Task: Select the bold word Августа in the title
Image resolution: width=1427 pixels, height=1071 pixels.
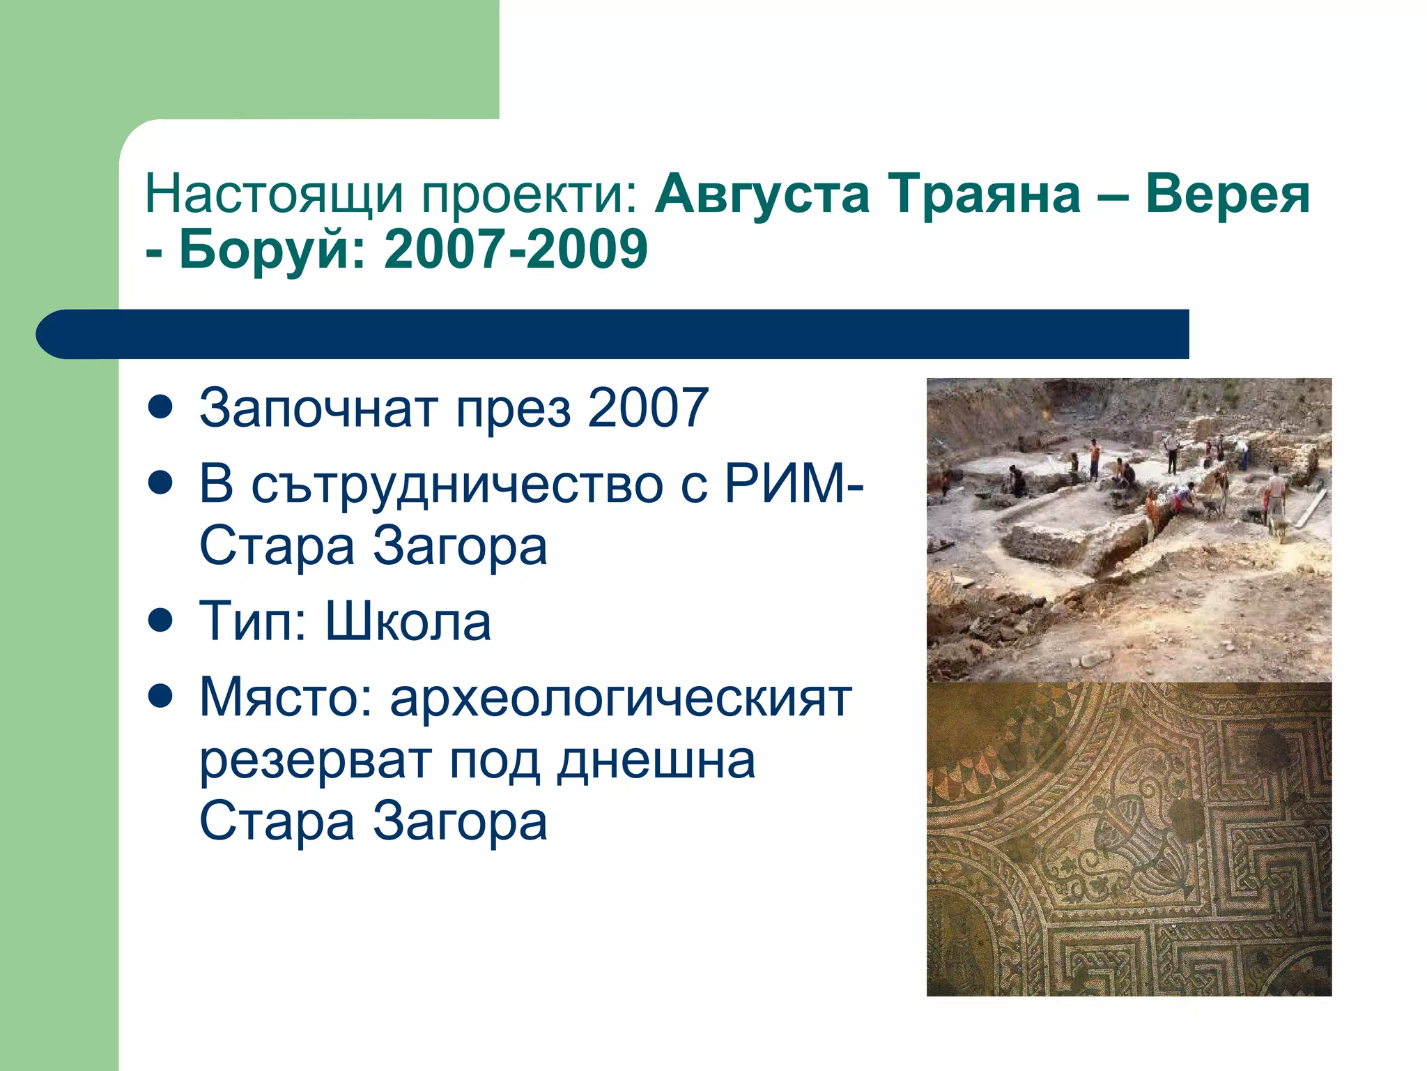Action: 762,195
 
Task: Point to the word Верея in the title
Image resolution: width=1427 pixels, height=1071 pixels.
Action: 1228,195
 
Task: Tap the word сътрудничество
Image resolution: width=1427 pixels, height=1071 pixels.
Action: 457,484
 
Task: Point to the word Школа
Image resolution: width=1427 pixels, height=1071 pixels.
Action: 408,621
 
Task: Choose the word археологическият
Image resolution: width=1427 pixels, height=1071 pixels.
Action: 621,698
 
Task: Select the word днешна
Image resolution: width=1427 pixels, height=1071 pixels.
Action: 656,761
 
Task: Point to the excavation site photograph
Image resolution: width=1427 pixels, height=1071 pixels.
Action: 1129,530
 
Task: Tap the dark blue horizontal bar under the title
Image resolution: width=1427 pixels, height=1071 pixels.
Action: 613,334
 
